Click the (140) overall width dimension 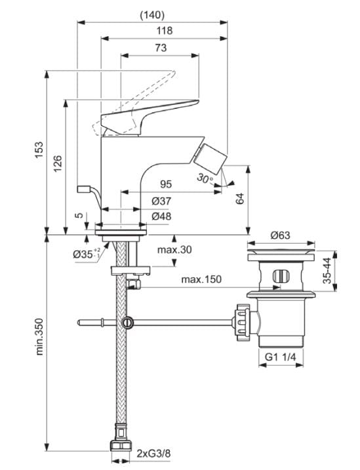(152, 14)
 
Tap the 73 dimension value (159, 47)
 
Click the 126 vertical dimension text (57, 163)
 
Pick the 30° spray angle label (205, 179)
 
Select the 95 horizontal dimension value (167, 184)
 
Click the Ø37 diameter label (162, 201)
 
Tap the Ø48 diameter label (162, 217)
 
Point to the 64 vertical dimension (240, 198)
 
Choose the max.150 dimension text (201, 279)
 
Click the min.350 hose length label (39, 337)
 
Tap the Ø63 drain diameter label (281, 234)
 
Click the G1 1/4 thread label (281, 357)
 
